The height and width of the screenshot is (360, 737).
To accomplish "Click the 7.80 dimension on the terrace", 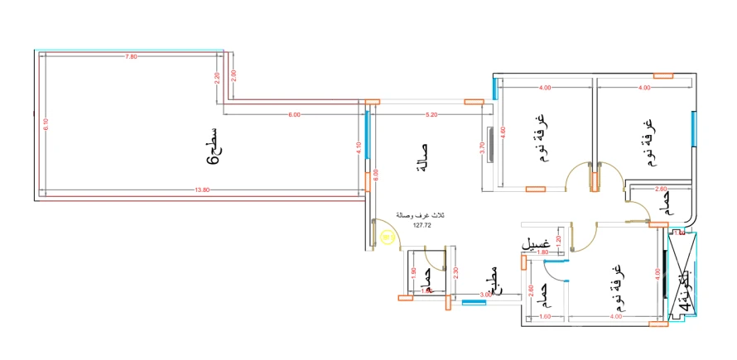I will (x=130, y=56).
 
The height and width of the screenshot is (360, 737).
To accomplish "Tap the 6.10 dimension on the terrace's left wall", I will (x=46, y=124).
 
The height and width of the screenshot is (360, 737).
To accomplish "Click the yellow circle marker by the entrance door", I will (x=388, y=238).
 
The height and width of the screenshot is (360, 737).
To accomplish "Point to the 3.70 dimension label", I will (x=482, y=146).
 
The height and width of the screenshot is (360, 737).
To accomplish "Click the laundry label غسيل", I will (x=535, y=244).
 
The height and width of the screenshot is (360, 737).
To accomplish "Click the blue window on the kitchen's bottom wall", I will (x=474, y=302).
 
